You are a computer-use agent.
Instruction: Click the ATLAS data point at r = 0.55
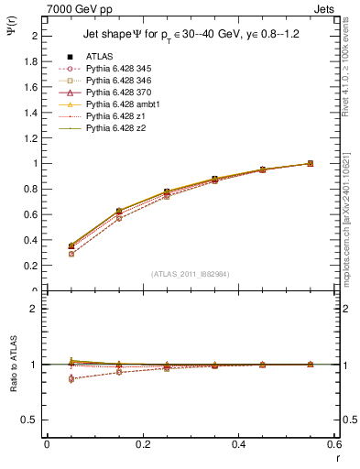point(310,163)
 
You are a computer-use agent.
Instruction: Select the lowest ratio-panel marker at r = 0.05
point(46,378)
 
